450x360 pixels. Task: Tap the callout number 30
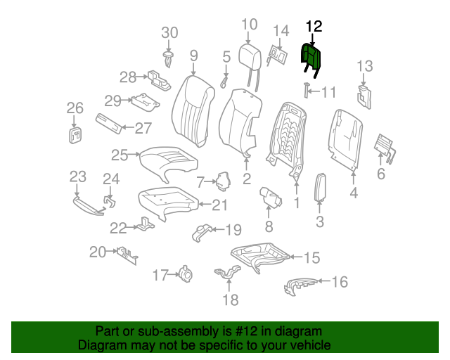point(170,32)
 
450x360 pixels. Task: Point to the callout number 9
point(193,55)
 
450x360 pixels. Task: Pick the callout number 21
point(220,205)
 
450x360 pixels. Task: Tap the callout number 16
point(340,282)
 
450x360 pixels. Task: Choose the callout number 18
point(230,300)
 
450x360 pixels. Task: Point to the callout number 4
point(354,193)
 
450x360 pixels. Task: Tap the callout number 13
point(364,67)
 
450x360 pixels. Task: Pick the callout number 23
point(77,176)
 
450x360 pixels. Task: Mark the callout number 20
point(98,252)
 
